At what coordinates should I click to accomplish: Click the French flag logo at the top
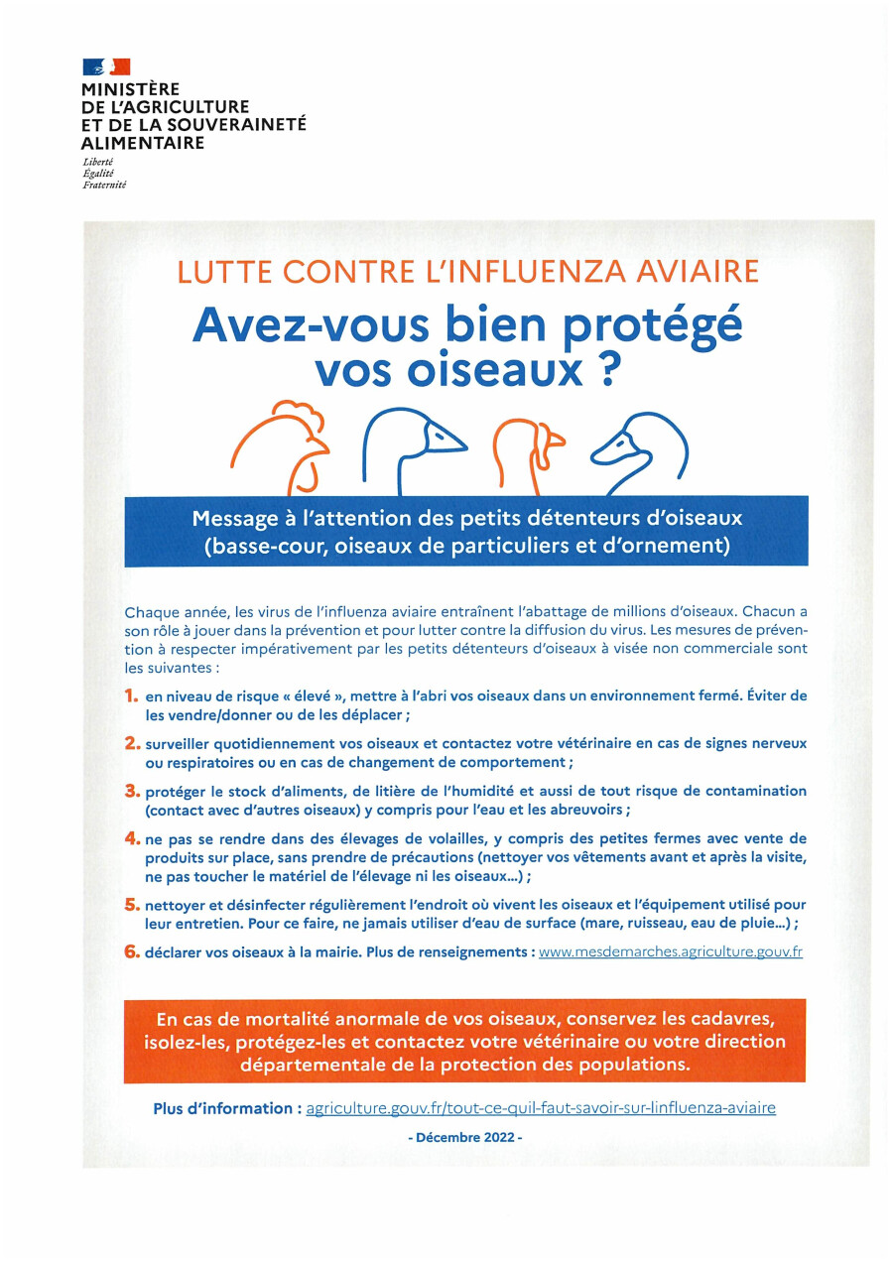click(106, 67)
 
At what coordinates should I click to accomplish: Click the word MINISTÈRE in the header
click(131, 89)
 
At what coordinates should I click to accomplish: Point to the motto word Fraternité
click(105, 185)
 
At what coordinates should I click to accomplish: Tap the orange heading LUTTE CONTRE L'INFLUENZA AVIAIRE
click(468, 271)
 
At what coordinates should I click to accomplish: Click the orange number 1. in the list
click(131, 696)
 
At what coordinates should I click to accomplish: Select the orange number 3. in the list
click(131, 791)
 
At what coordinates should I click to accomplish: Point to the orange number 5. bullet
click(131, 904)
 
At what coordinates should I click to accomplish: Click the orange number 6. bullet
click(131, 950)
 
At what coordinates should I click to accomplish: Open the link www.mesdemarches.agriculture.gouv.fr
click(670, 951)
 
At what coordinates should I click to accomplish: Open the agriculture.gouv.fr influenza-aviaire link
click(541, 1108)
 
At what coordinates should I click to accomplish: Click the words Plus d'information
click(225, 1108)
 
